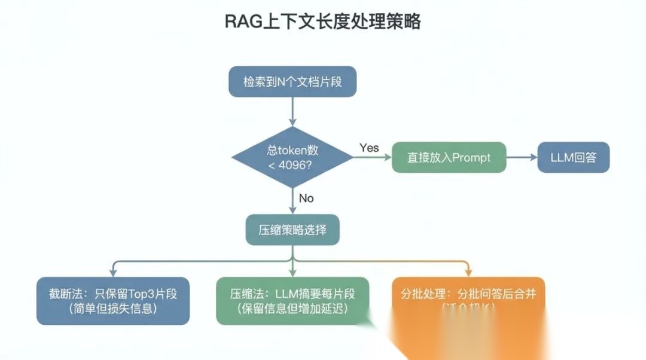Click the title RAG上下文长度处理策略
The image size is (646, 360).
pos(322,22)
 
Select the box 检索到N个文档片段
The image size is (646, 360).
pos(292,82)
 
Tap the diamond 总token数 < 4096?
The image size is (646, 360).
pos(292,157)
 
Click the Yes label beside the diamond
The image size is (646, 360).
pos(369,148)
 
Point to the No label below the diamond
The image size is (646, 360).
pos(306,198)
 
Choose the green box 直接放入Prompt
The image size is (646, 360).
pos(449,157)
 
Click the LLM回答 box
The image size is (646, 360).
pos(572,157)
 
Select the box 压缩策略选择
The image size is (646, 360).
pos(292,230)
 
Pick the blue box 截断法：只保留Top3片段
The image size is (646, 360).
pos(113,301)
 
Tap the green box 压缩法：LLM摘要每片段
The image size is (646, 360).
pos(292,301)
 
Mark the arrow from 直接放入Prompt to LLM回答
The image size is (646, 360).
pos(521,157)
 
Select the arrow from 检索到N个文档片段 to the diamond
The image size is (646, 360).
pos(292,112)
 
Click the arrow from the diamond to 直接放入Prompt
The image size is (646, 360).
pos(372,157)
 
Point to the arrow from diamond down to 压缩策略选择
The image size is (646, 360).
pos(292,200)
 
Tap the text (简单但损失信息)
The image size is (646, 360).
pos(113,309)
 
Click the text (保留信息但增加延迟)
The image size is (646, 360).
pos(292,309)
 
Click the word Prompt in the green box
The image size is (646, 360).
pos(471,157)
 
